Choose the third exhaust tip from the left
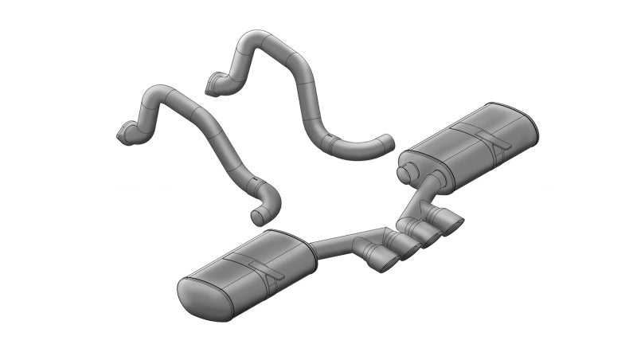pyautogui.click(x=430, y=236)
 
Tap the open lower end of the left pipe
pyautogui.click(x=258, y=216)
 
